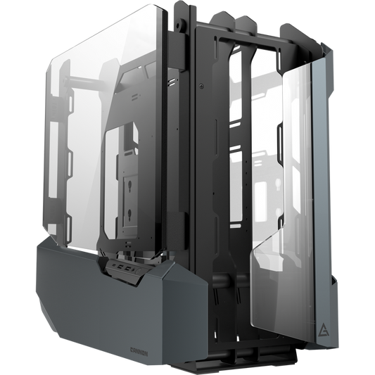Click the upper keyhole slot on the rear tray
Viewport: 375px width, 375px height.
[277, 189]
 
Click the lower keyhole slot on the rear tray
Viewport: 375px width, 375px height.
[278, 212]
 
